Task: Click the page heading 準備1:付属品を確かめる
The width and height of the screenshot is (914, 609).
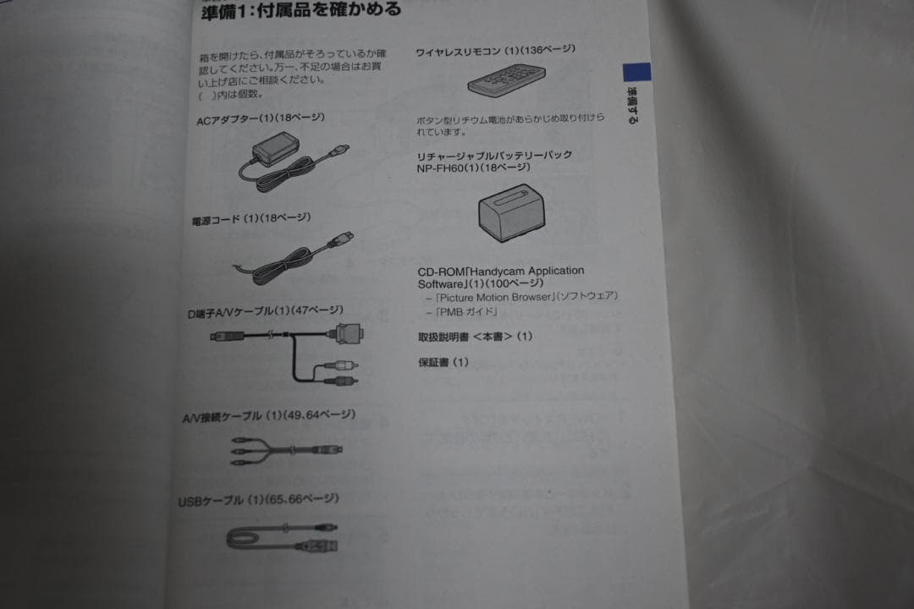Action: tap(301, 12)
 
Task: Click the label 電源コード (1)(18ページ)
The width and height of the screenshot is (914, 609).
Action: tap(251, 219)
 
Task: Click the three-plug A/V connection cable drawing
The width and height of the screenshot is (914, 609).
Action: tap(284, 452)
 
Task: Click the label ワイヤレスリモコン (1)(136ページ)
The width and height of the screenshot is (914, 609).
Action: tap(495, 51)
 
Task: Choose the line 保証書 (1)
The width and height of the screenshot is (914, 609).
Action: tap(443, 363)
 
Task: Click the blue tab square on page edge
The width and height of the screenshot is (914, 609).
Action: tap(636, 72)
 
